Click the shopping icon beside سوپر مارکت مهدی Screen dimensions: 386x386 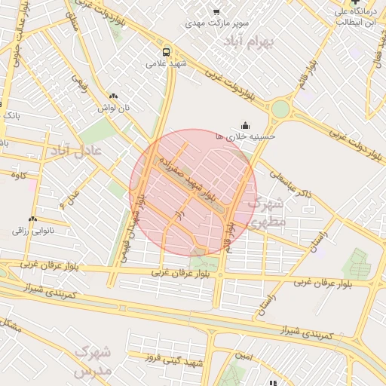click(x=216, y=13)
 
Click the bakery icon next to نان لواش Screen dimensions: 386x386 click(x=114, y=96)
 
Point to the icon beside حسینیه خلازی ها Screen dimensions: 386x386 click(x=245, y=125)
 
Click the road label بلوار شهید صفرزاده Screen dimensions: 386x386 click(x=185, y=179)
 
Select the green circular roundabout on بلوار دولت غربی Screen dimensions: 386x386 click(x=280, y=109)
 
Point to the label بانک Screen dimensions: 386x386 click(x=11, y=115)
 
